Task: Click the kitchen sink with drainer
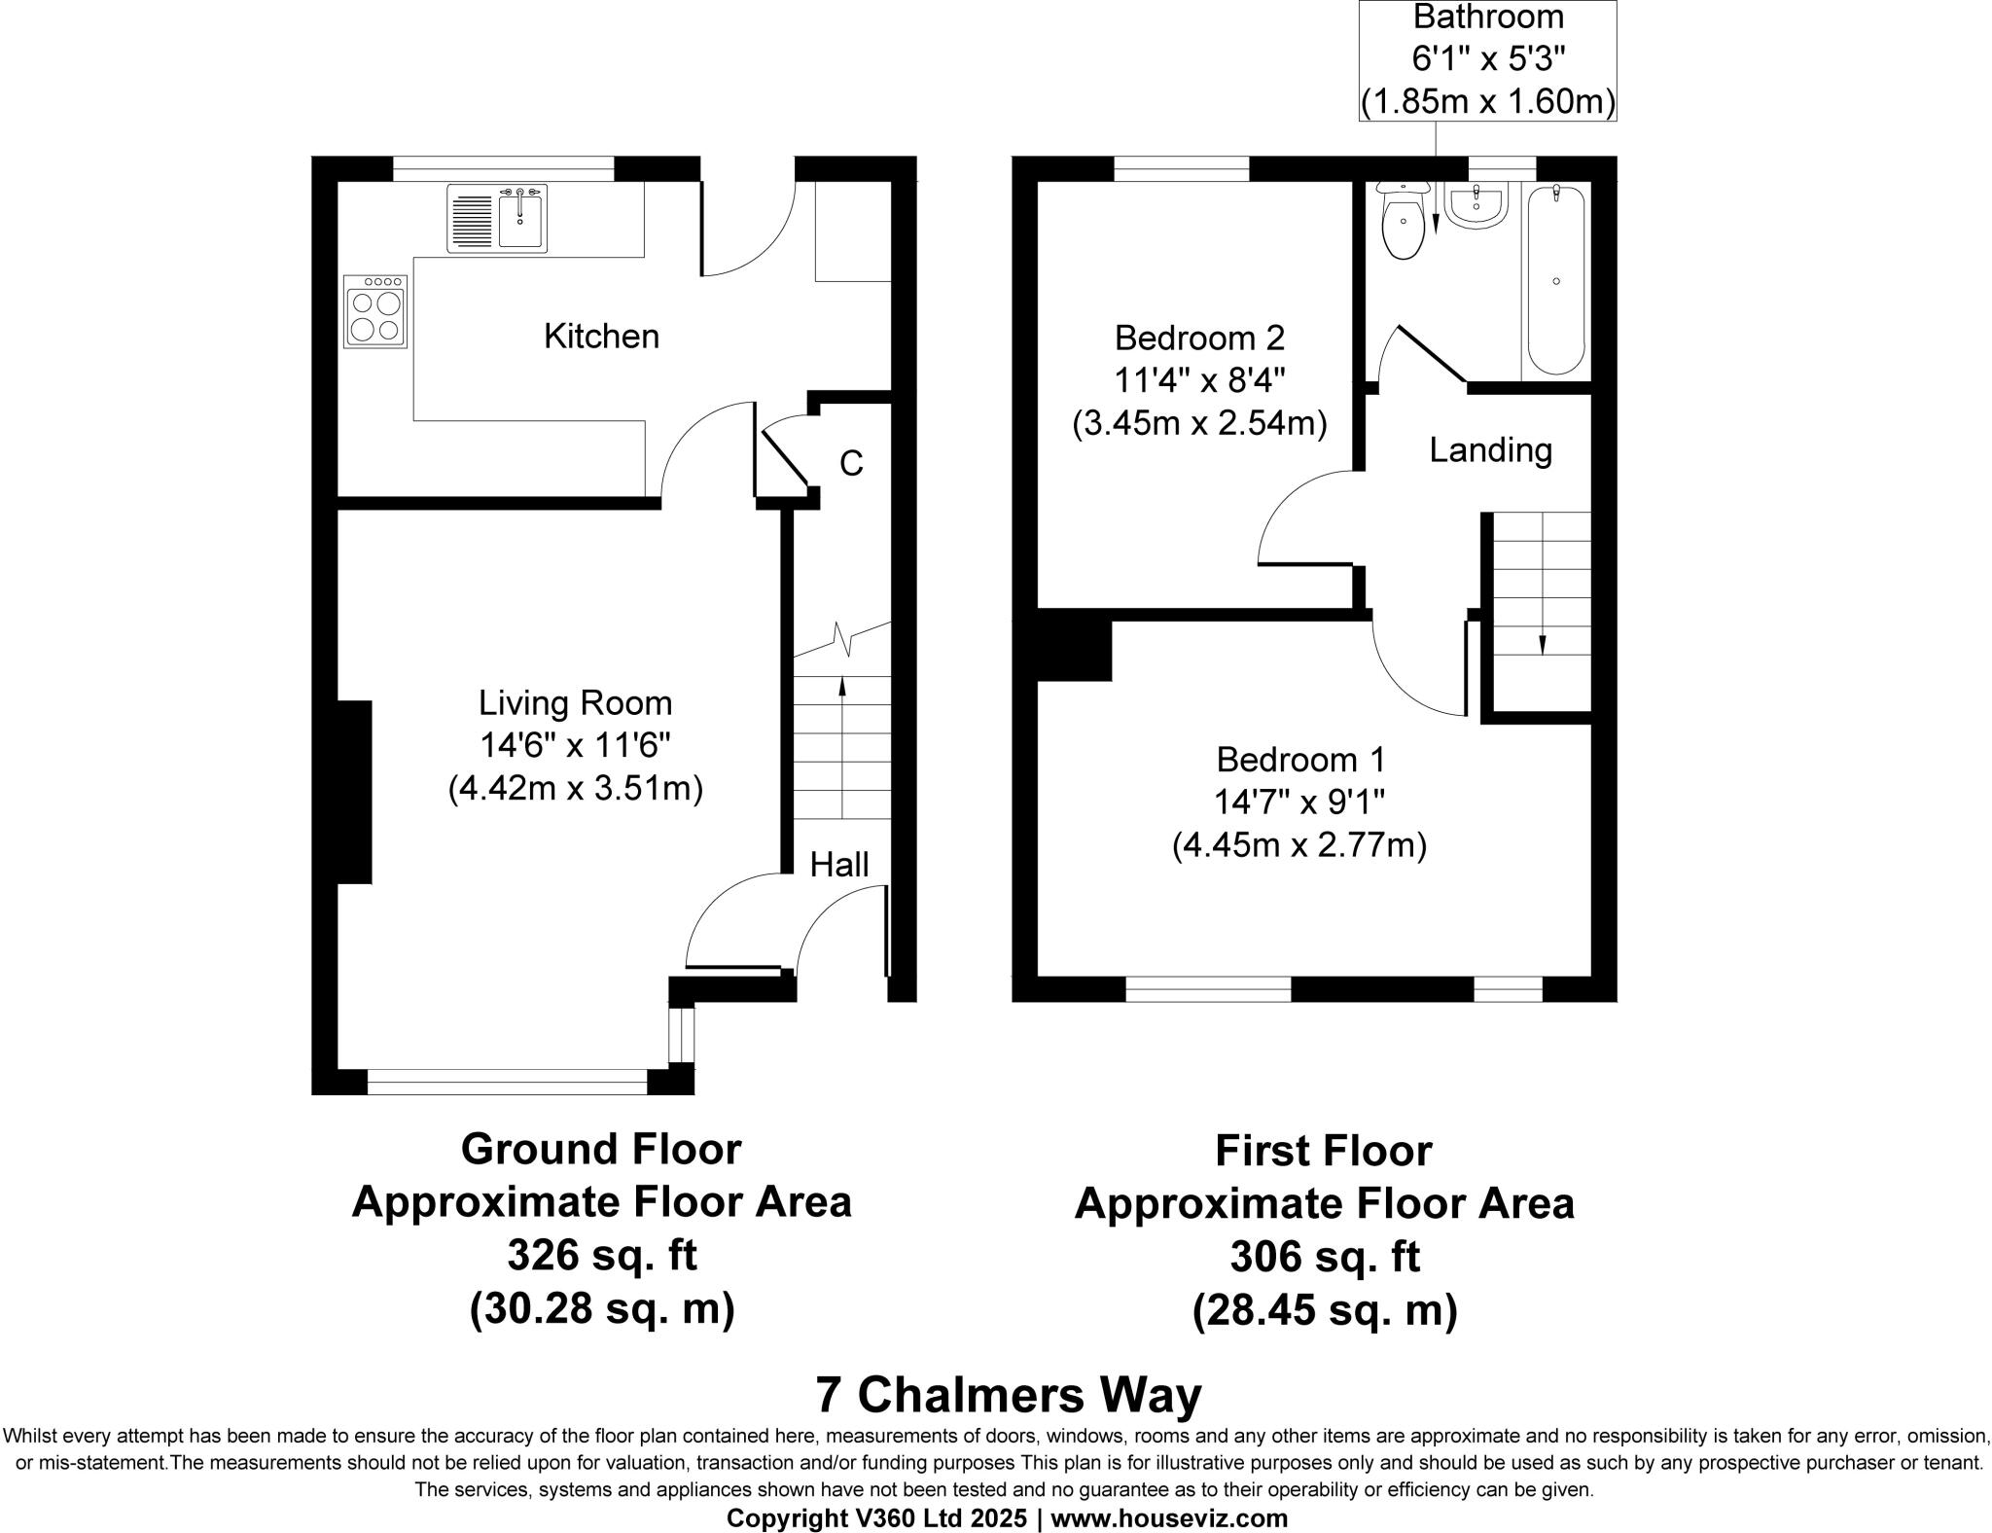pos(497,219)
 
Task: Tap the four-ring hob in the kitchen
pos(375,311)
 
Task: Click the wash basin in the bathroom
pos(1476,207)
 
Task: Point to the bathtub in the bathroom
pos(1555,280)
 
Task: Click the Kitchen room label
pos(601,337)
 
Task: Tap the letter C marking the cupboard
pos(851,464)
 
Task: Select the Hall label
pos(838,864)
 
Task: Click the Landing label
pos(1490,450)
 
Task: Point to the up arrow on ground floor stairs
pos(842,688)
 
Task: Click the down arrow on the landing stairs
pos(1542,644)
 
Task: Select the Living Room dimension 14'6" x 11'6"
pos(575,746)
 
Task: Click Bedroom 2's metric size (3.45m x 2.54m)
pos(1199,424)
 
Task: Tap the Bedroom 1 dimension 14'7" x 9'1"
pos(1298,802)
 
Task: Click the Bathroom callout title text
pos(1488,18)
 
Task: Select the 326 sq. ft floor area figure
pos(601,1256)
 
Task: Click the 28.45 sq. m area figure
pos(1324,1310)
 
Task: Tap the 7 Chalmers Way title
pos(1008,1395)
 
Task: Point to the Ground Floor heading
pos(601,1149)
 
